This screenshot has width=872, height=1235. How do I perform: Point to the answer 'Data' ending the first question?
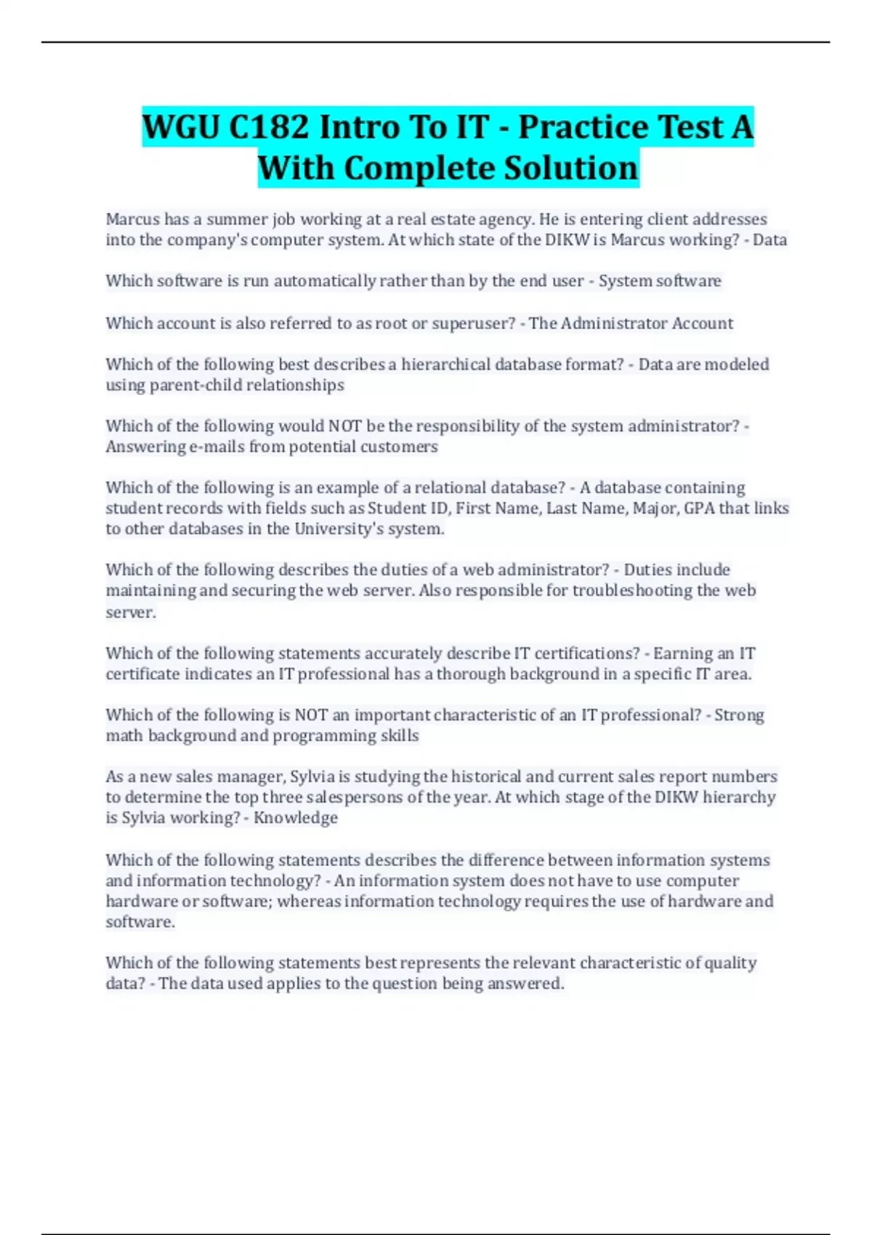point(770,240)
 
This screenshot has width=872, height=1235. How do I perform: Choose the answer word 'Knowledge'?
point(296,818)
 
